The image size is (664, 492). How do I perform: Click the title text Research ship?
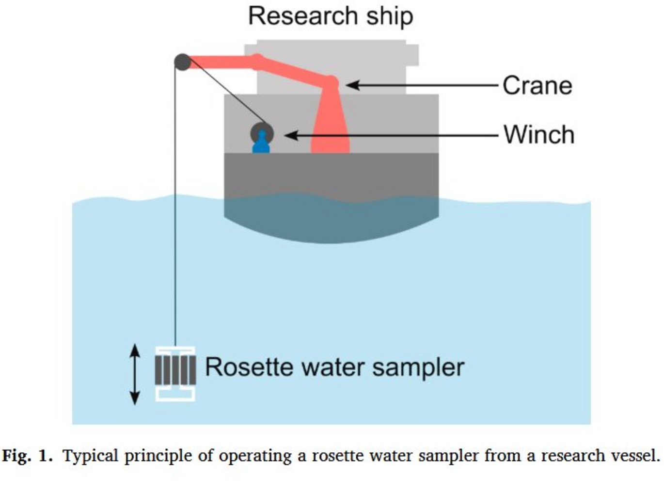tap(331, 16)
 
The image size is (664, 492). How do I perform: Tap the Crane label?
tap(537, 86)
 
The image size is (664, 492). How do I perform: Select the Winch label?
tap(538, 135)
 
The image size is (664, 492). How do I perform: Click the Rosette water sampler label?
tap(334, 367)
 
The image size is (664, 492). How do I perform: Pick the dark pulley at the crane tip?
tap(182, 62)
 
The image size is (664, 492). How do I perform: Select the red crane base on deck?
tap(330, 136)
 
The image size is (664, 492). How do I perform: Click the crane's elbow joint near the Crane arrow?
tap(331, 81)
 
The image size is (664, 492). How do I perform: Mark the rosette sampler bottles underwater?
tap(175, 371)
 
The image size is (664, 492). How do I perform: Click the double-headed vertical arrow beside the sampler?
tap(135, 374)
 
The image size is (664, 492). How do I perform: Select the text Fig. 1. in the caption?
tap(27, 456)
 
